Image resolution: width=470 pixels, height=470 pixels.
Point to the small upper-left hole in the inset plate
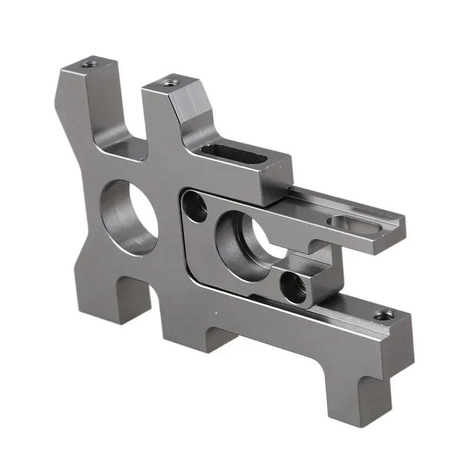coord(196,206)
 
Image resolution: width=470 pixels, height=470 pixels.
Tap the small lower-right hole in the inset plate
coord(294,286)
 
